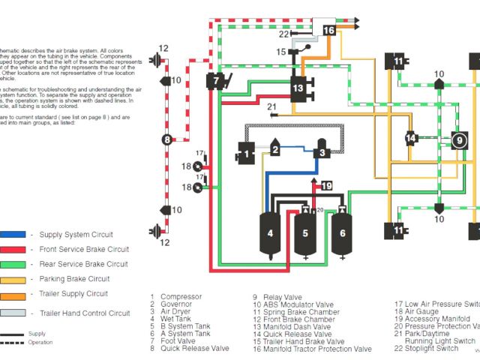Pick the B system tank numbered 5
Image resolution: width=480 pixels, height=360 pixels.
(305, 234)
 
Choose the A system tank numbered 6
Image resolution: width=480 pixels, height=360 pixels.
(342, 233)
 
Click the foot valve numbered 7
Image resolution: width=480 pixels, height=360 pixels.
(217, 79)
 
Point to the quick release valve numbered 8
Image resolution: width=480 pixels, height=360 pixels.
(167, 139)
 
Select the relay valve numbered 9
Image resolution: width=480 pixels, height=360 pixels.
(458, 139)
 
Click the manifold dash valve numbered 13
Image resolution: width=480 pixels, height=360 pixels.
(298, 88)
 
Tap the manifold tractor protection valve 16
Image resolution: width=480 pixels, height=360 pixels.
(329, 30)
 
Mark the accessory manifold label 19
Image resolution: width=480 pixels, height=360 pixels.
(326, 185)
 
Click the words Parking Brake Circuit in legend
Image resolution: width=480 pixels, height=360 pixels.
(74, 279)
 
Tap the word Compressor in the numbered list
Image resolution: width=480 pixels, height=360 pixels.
(181, 296)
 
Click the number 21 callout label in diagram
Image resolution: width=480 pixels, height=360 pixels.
(271, 106)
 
